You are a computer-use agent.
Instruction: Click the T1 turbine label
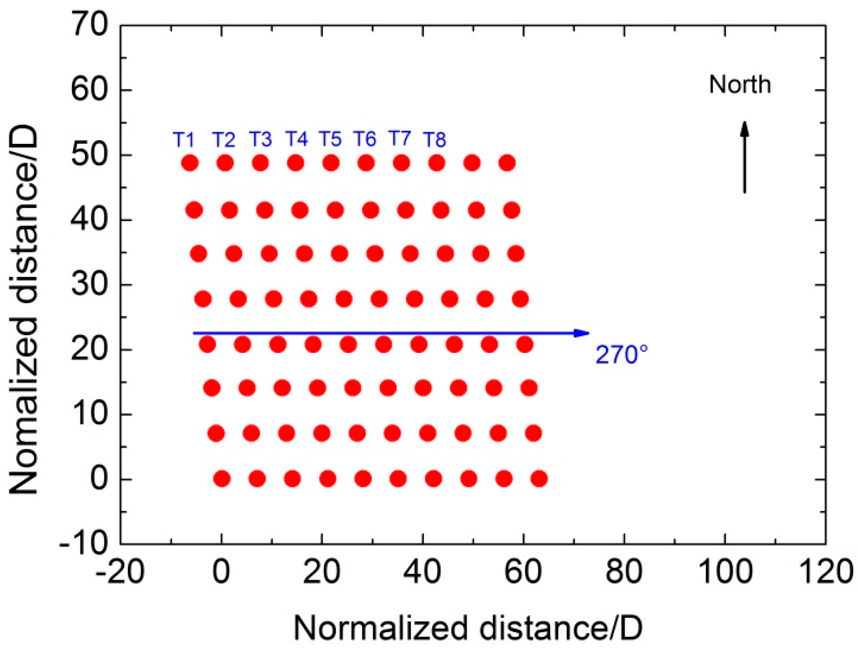pyautogui.click(x=184, y=140)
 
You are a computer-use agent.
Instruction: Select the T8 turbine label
pyautogui.click(x=434, y=140)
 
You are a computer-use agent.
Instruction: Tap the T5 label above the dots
pyautogui.click(x=330, y=139)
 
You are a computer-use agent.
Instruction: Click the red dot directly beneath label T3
pyautogui.click(x=260, y=163)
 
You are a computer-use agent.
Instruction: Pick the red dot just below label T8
pyautogui.click(x=437, y=163)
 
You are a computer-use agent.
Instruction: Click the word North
pyautogui.click(x=739, y=84)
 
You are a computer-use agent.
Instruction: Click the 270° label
pyautogui.click(x=621, y=354)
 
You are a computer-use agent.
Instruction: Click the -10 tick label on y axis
pyautogui.click(x=83, y=543)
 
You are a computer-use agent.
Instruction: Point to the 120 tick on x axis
pyautogui.click(x=825, y=571)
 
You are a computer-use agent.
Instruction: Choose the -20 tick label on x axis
pyautogui.click(x=120, y=571)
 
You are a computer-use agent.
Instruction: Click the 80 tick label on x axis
pyautogui.click(x=624, y=571)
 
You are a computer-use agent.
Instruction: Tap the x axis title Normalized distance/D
pyautogui.click(x=468, y=628)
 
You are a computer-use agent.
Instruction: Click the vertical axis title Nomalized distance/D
pyautogui.click(x=24, y=310)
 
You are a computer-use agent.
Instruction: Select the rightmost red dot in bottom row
pyautogui.click(x=539, y=479)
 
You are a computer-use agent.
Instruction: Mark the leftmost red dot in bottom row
pyautogui.click(x=222, y=479)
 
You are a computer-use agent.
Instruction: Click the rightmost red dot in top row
pyautogui.click(x=507, y=163)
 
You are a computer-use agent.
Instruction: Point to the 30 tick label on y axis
pyautogui.click(x=89, y=285)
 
